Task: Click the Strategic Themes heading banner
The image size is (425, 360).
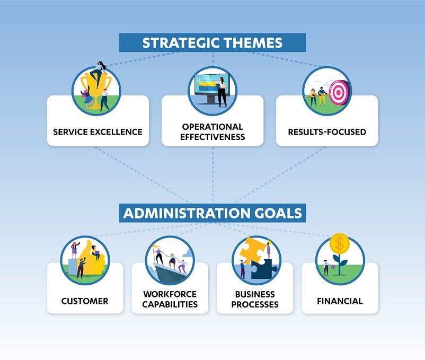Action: click(x=212, y=42)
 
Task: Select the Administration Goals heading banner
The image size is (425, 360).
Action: click(x=212, y=213)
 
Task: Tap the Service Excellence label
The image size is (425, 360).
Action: click(x=98, y=131)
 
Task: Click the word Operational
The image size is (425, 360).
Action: click(x=212, y=127)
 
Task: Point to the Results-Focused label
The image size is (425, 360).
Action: click(x=327, y=131)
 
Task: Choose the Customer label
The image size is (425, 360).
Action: click(x=85, y=301)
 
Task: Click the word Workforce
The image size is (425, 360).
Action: click(x=170, y=294)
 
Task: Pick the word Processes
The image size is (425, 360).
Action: click(x=255, y=304)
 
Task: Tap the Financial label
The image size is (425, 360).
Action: click(x=340, y=301)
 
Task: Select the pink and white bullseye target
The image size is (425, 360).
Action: click(x=339, y=93)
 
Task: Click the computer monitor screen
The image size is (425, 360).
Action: click(x=209, y=85)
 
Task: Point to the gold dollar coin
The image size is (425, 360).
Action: click(x=339, y=243)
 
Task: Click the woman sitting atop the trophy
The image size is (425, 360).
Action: click(x=98, y=73)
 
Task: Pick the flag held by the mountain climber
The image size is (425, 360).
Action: click(x=157, y=247)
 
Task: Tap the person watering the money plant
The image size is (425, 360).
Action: click(x=326, y=267)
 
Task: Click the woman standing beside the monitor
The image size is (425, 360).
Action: click(x=222, y=92)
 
